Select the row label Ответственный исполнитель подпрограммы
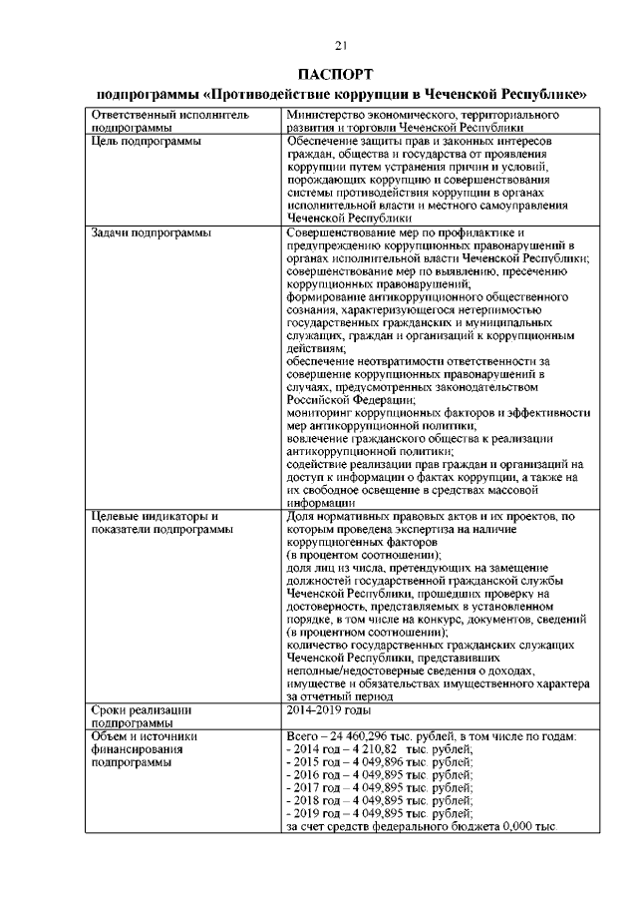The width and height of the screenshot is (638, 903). tap(148, 123)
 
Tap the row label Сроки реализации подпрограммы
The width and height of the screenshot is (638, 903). tap(141, 715)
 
